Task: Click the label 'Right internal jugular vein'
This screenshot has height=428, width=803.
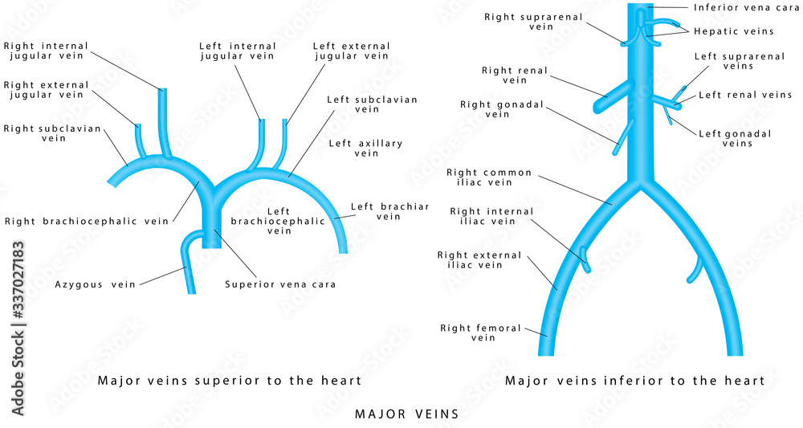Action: tap(46, 51)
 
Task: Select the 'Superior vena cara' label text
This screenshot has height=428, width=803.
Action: tap(280, 284)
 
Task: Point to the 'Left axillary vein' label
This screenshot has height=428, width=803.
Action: tap(365, 148)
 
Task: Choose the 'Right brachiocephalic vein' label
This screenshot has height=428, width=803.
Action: tap(87, 222)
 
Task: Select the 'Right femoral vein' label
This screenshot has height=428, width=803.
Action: tap(480, 332)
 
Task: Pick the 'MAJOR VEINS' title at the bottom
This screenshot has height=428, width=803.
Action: tap(406, 414)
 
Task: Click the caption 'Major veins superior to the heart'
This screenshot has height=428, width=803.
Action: tap(229, 381)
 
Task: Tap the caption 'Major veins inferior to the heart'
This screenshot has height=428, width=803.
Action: tap(634, 381)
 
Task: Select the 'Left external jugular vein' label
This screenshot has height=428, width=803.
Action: tap(350, 51)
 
